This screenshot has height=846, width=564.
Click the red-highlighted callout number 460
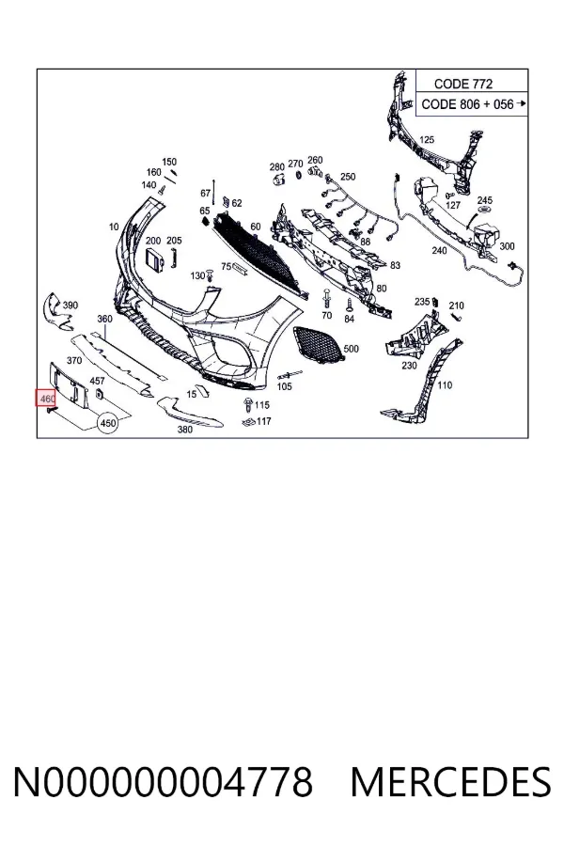(46, 399)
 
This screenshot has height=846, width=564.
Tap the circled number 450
(108, 423)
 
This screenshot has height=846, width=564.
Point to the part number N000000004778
(163, 782)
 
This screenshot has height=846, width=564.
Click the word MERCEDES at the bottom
(450, 782)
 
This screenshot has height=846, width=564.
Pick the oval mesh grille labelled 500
(318, 345)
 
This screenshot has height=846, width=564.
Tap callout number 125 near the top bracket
(427, 140)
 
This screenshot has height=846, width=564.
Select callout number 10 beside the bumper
(114, 227)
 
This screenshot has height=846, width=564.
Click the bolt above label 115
(248, 403)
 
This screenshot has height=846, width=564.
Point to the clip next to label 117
(249, 421)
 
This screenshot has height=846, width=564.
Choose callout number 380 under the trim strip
(185, 430)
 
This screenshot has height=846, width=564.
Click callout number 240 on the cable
(439, 250)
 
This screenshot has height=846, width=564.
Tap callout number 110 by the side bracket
(445, 384)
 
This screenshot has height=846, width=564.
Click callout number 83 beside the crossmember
(395, 265)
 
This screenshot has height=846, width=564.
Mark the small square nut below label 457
(99, 394)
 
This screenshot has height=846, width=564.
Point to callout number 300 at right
(507, 246)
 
